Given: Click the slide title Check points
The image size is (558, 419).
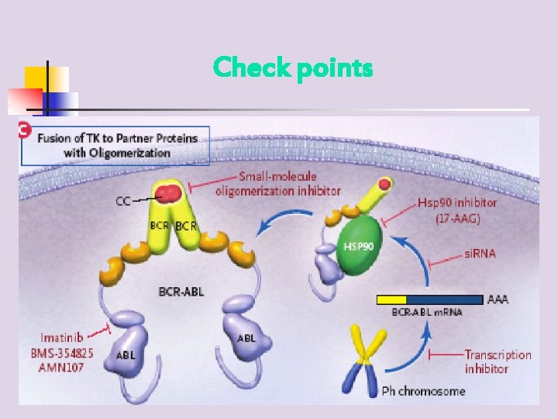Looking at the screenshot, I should [293, 68].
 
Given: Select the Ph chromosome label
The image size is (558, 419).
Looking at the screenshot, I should [423, 390].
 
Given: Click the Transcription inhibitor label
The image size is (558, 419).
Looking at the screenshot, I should [498, 361].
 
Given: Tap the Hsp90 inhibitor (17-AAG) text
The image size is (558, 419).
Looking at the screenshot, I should [457, 210].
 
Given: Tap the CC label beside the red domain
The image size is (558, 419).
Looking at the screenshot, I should [123, 201].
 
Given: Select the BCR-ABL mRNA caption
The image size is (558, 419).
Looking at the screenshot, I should [426, 312].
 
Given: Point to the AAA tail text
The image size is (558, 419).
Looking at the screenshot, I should [498, 299].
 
